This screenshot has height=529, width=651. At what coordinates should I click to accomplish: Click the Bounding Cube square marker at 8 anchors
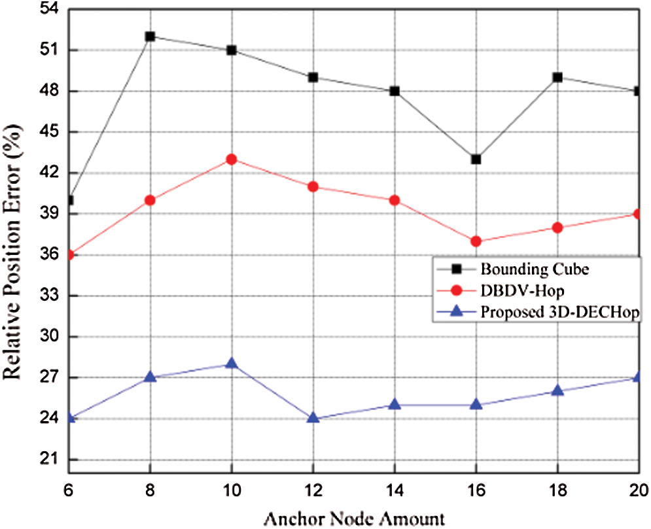150,36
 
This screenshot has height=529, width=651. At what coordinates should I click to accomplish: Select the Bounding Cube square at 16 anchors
476,159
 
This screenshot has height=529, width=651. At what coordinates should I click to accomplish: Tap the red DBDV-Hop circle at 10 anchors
231,159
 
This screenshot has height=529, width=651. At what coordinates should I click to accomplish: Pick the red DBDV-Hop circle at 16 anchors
476,241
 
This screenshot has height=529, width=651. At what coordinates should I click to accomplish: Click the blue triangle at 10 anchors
231,364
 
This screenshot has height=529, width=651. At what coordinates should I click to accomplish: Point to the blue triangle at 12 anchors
313,418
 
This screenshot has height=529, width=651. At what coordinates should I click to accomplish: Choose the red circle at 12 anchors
313,186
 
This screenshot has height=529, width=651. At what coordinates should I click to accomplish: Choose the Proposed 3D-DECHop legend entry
559,313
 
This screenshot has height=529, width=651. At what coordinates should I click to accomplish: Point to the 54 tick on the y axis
50,9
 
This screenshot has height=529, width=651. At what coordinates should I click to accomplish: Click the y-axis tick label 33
50,296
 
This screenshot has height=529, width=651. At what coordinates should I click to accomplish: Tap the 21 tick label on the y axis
50,460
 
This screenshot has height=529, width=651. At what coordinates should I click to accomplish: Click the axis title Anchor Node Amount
355,518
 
